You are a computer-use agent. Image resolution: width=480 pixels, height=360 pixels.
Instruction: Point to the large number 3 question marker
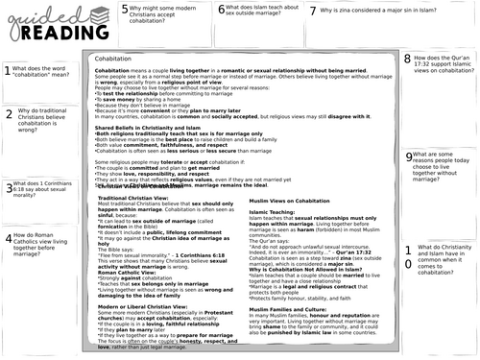[9, 189]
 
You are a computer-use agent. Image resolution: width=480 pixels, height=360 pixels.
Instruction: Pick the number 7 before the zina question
[314, 12]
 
